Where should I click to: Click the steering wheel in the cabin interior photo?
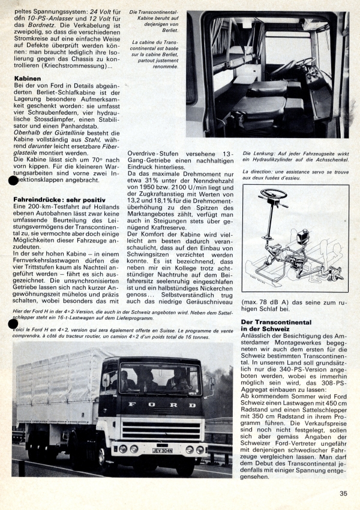coord(304,61)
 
